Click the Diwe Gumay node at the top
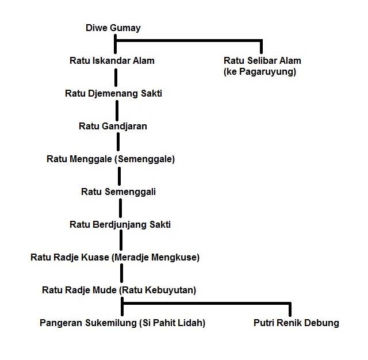113,28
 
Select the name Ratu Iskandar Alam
112,60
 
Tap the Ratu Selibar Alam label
262,60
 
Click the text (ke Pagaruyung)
260,71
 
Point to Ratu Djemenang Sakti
114,93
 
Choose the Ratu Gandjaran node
113,127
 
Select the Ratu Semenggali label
118,192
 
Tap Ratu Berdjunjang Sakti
120,225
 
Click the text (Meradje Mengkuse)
156,258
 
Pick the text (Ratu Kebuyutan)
158,290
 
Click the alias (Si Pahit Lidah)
172,323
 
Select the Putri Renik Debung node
296,323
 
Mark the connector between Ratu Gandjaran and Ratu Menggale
118,141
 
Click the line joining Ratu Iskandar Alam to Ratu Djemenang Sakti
116,78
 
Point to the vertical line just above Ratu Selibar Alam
261,47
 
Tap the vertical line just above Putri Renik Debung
290,309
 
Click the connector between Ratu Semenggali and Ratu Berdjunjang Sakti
120,208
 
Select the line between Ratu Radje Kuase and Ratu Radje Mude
121,273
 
